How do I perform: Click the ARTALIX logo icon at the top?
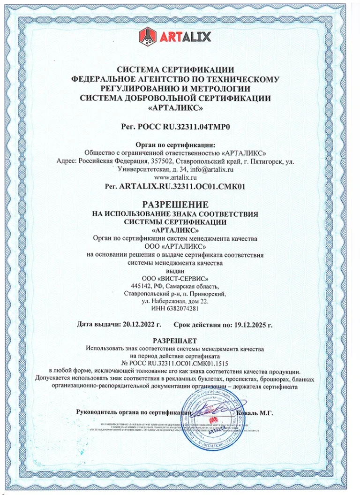[147, 36]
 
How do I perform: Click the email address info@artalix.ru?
[207, 169]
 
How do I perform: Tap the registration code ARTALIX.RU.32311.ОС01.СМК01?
[182, 186]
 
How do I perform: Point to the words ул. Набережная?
[165, 301]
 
